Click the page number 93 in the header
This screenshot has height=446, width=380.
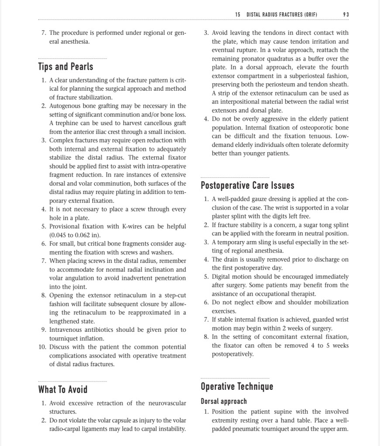click(346, 14)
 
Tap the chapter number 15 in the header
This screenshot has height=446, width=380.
click(237, 14)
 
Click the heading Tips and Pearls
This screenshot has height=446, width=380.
click(65, 67)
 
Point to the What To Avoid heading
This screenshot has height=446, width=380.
click(63, 389)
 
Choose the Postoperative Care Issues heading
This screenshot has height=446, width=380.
click(247, 185)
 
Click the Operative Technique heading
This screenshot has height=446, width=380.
click(237, 386)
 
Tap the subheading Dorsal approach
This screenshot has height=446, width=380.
click(224, 401)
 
